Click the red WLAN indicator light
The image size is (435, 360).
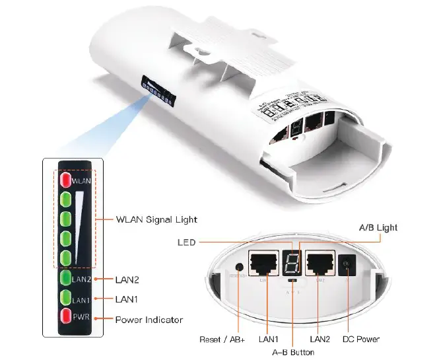(x=65, y=179)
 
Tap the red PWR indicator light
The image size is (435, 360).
(x=65, y=315)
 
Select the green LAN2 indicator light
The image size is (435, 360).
(x=65, y=278)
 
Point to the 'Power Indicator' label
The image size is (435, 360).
(x=149, y=320)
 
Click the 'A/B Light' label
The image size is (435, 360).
(x=378, y=227)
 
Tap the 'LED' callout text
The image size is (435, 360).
(x=187, y=242)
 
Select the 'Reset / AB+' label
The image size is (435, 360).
(x=222, y=340)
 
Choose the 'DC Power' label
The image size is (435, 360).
(x=360, y=340)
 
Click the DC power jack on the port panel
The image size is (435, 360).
(x=343, y=266)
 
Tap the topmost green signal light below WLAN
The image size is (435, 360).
(x=65, y=199)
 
